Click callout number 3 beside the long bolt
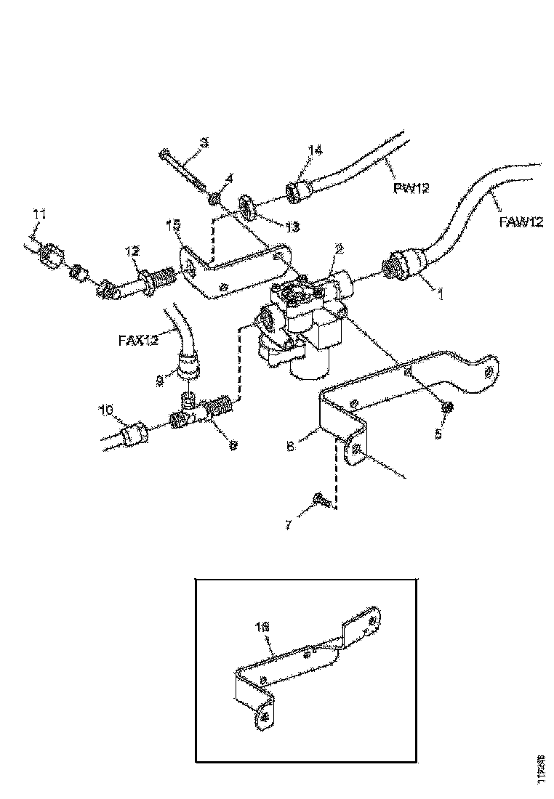point(204,143)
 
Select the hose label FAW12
point(521,222)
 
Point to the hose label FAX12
point(138,340)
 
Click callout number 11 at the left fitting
point(40,214)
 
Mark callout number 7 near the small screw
point(289,524)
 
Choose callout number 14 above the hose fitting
point(315,151)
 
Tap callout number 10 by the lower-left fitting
point(107,411)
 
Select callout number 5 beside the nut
point(438,435)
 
